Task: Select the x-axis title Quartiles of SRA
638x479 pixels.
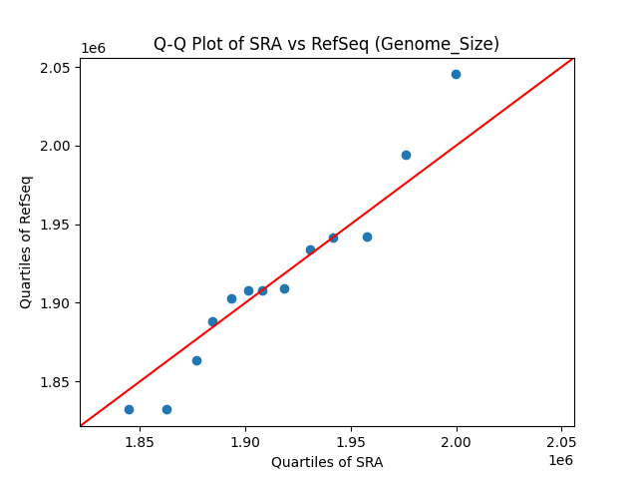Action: coord(327,462)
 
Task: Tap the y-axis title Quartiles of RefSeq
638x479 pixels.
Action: coord(27,241)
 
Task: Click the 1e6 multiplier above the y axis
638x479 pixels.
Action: coord(94,49)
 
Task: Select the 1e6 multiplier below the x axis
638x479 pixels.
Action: coord(559,460)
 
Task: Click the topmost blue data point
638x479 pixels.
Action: coord(456,74)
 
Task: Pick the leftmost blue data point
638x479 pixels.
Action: coord(129,409)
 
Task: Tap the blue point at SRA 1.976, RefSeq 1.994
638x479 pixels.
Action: coord(406,155)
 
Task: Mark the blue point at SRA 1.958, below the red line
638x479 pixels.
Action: coord(367,237)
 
